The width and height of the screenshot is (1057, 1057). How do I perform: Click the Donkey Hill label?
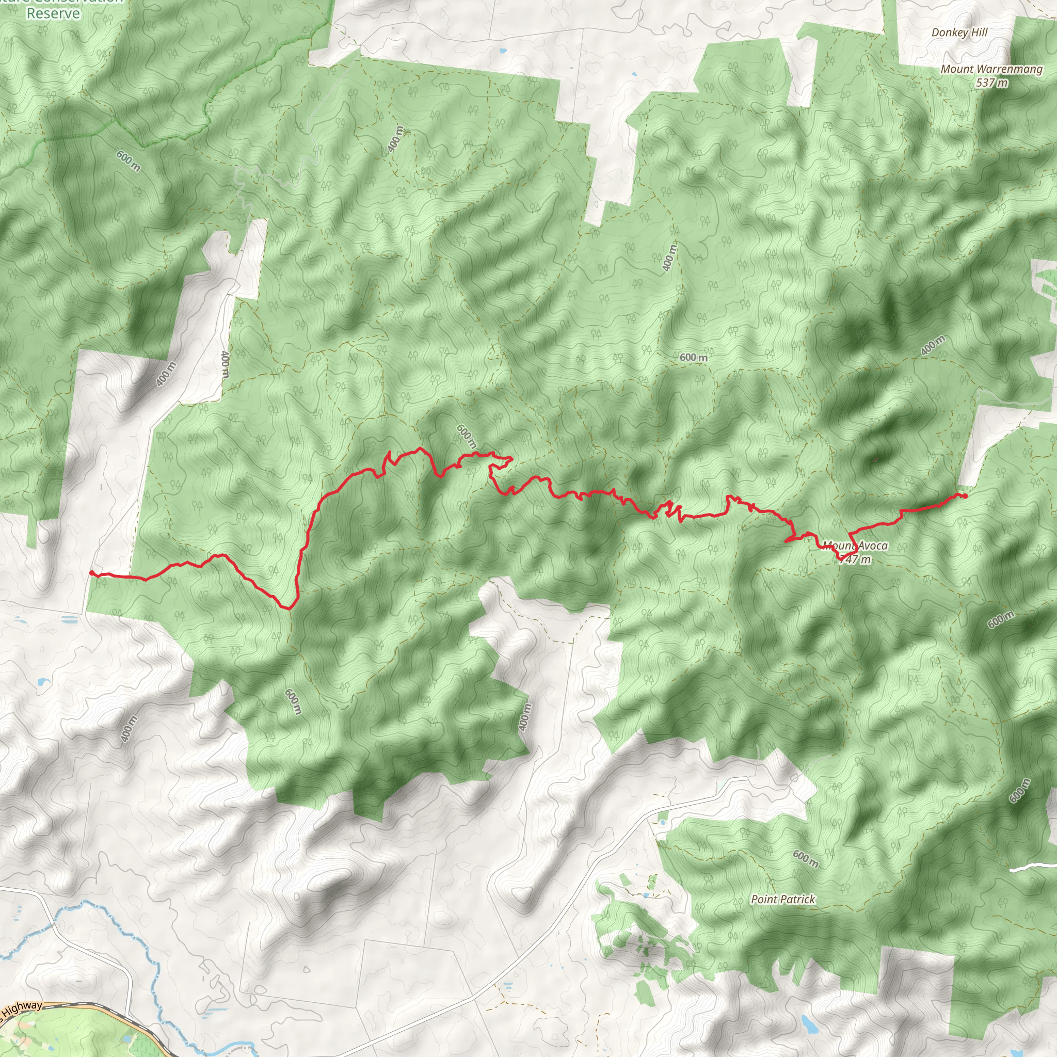coord(959,33)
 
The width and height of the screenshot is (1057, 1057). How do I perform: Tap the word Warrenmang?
coord(1010,69)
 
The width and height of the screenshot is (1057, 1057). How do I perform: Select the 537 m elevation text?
coord(991,83)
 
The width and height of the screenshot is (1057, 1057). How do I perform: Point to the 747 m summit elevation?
coord(855,559)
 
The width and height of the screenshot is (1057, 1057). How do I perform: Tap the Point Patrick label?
coord(783,899)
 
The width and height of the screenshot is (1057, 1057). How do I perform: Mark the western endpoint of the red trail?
coord(92,572)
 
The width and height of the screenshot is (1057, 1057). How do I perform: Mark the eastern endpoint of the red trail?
coord(965,496)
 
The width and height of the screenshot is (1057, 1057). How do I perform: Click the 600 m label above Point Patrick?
coord(806,858)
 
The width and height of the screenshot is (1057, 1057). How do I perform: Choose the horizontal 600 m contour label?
coord(693,357)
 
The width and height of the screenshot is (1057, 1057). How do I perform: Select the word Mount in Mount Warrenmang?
coord(957,69)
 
